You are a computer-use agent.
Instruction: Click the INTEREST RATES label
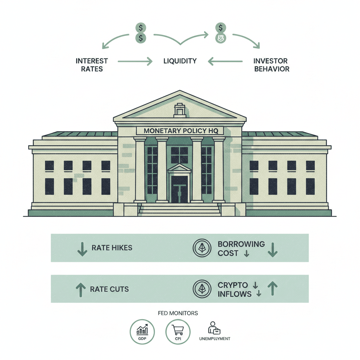92,65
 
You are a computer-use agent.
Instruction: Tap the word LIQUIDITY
180,61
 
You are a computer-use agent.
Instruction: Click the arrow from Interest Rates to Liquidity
135,62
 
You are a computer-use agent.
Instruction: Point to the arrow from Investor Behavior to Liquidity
225,62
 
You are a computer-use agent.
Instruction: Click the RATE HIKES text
112,247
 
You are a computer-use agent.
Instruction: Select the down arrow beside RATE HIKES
82,248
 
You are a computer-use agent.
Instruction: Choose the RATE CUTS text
109,289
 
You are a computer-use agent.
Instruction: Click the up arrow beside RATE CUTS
81,289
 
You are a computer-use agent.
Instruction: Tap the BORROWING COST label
241,248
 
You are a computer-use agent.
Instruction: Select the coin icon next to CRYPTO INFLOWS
202,289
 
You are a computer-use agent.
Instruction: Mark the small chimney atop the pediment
180,110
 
